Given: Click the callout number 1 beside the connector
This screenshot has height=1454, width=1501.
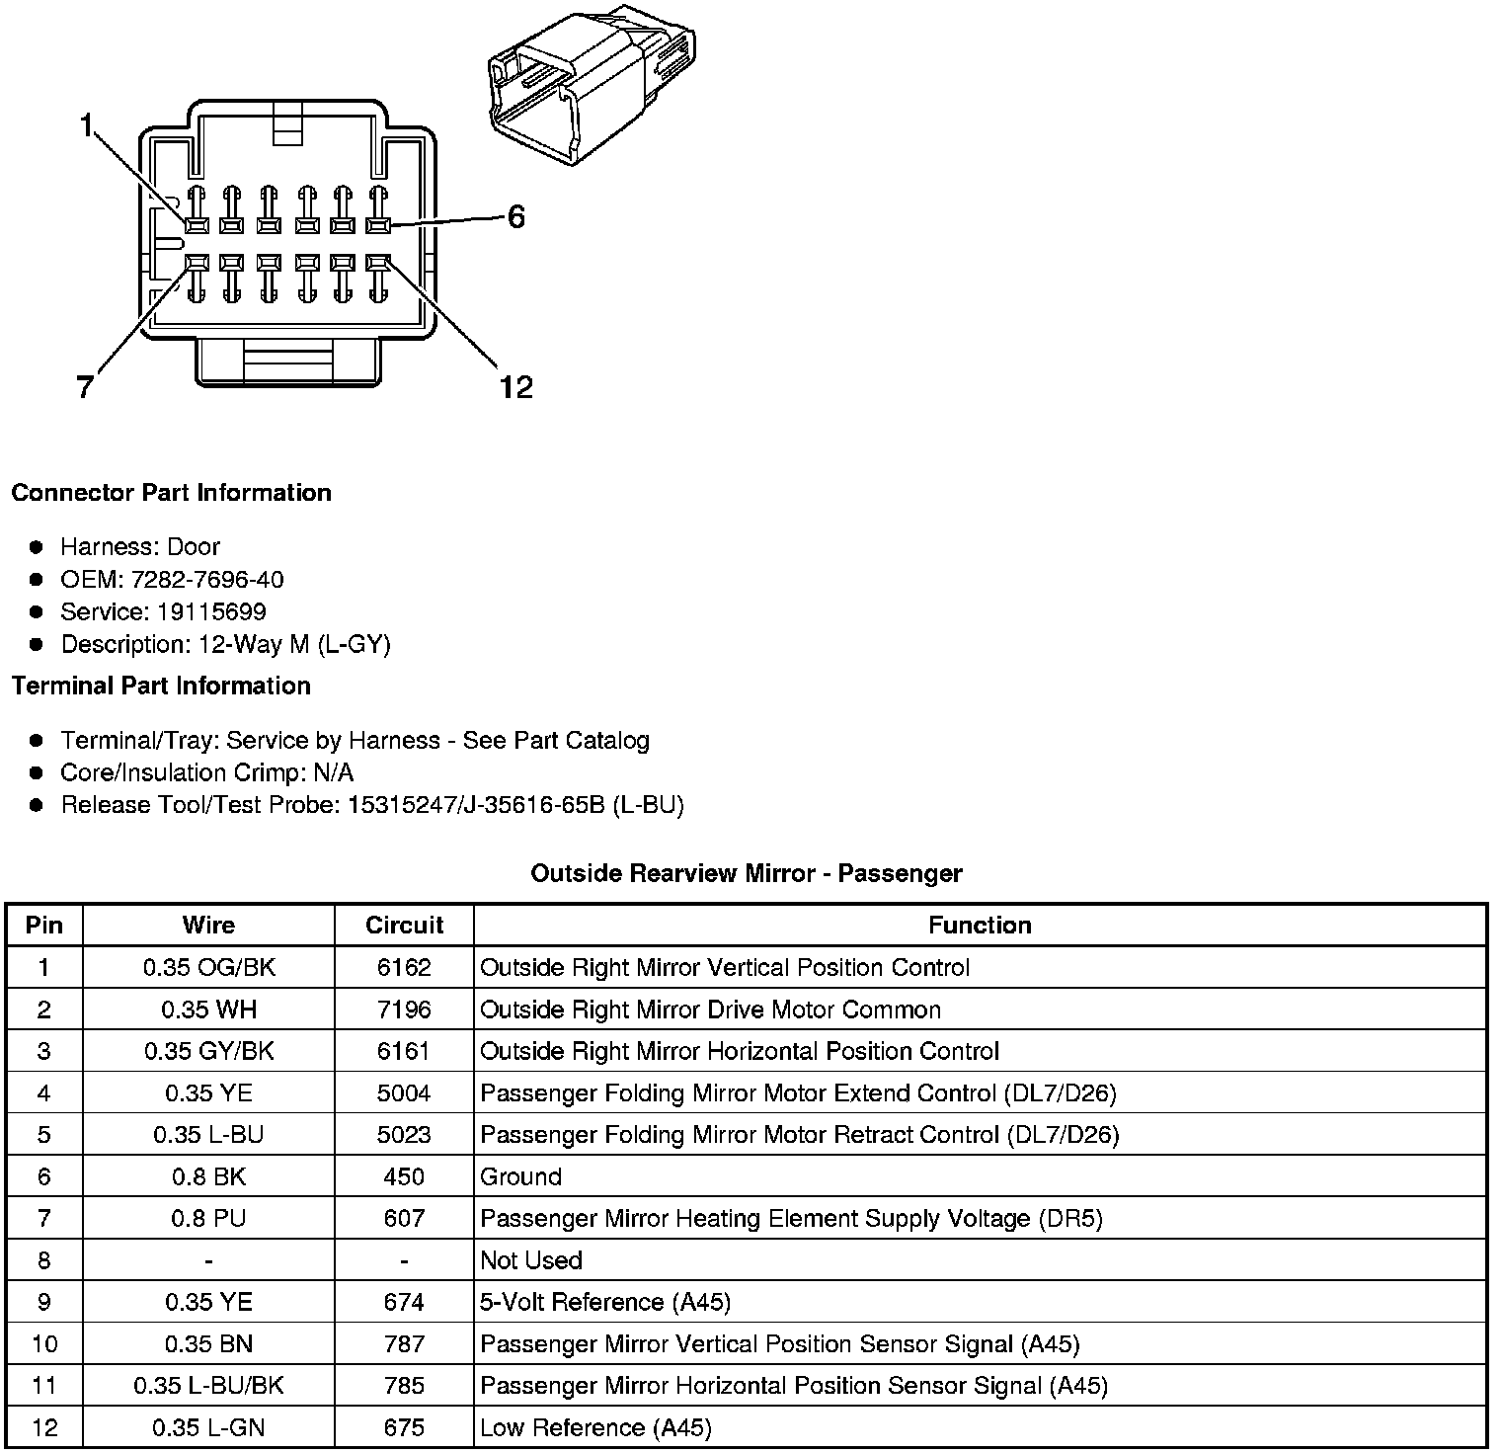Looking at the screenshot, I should [87, 126].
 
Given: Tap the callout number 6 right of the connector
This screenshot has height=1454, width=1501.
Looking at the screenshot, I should [515, 217].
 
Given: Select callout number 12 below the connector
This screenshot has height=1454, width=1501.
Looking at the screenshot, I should [515, 387].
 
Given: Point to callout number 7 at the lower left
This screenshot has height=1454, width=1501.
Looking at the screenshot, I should [85, 388].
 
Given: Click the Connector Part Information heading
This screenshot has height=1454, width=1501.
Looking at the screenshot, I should [171, 493].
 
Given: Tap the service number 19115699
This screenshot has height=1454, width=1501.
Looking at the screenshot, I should [211, 611].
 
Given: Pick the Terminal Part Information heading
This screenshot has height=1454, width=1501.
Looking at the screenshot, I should [161, 686].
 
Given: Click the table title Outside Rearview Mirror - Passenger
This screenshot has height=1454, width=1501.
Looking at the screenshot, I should [747, 873].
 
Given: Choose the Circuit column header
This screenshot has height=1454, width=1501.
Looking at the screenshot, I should [404, 926].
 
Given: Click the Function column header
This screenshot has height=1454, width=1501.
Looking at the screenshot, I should [980, 926].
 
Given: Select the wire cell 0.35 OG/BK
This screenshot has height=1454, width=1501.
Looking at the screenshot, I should [209, 968].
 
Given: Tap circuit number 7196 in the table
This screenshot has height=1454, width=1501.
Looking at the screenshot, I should [404, 1010].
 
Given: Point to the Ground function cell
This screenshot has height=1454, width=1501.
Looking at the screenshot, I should [520, 1176].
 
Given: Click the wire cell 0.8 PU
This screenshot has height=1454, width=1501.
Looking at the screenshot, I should [208, 1219].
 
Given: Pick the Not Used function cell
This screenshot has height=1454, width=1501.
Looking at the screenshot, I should [531, 1260].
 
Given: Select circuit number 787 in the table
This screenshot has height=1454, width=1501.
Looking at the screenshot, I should [404, 1344].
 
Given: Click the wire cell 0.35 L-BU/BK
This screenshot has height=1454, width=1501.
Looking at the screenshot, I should [208, 1386].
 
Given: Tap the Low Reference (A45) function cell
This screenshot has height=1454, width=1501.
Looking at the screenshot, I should [595, 1427].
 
